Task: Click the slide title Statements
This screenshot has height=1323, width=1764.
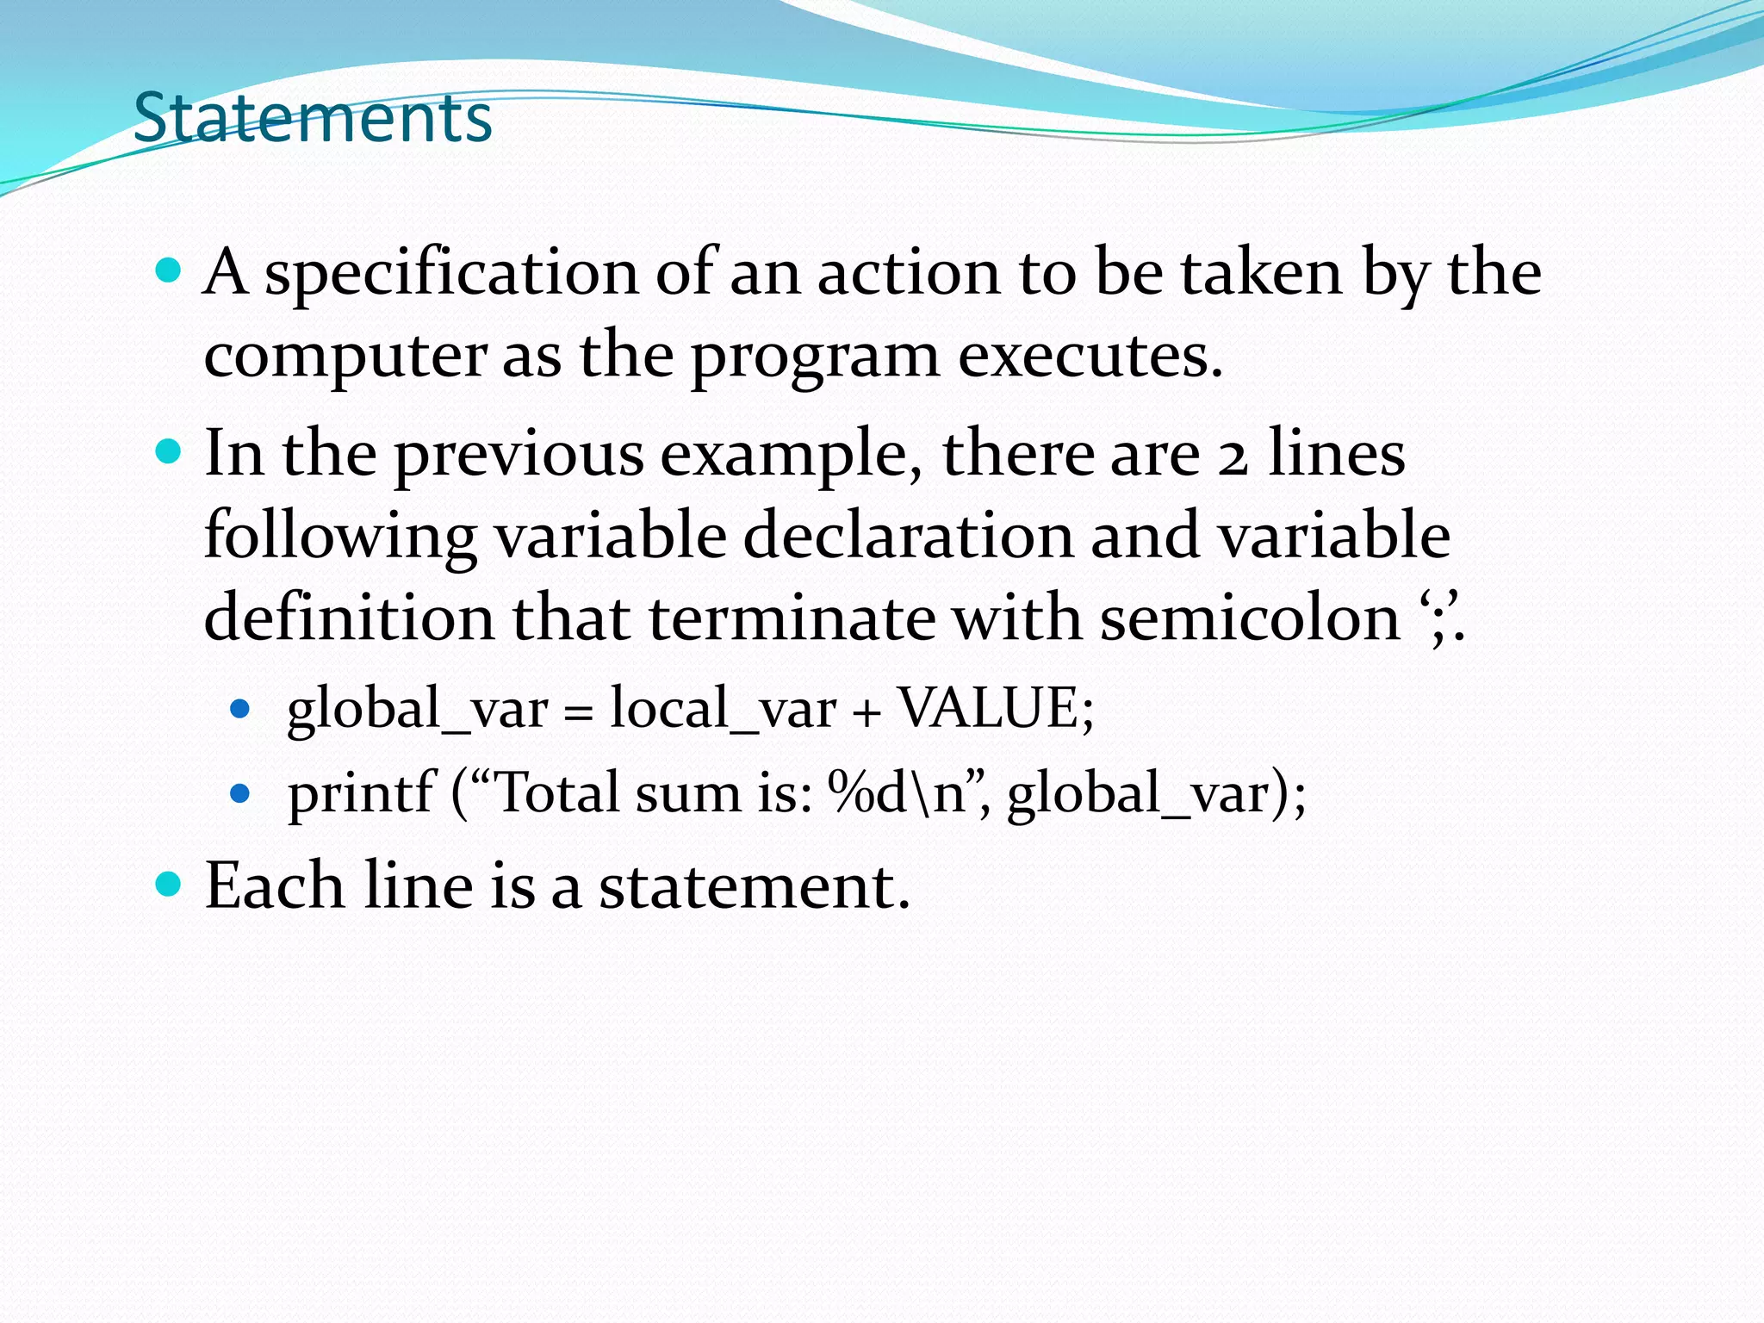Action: tap(313, 118)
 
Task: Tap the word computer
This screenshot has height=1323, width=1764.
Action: tap(345, 357)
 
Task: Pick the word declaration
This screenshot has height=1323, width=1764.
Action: tap(908, 536)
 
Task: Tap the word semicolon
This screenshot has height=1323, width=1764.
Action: tap(1250, 618)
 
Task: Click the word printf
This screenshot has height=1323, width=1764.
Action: tap(361, 792)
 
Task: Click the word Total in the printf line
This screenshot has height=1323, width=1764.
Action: tap(557, 792)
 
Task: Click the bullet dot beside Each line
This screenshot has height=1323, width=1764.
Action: tap(168, 884)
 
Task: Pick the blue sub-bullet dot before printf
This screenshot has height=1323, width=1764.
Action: tap(240, 792)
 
